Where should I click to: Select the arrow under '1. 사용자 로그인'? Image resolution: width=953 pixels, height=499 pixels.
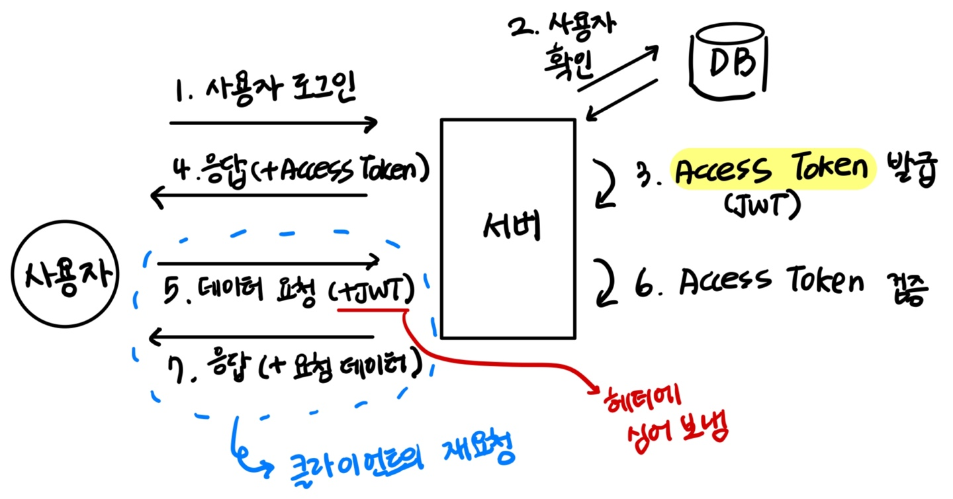tap(273, 123)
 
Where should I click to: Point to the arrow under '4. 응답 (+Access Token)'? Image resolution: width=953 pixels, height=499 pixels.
tap(259, 196)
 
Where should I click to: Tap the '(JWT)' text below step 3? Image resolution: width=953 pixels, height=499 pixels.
tap(762, 206)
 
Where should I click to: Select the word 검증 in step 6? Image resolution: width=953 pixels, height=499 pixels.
tap(907, 289)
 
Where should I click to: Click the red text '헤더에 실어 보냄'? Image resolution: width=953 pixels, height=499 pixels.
tap(666, 419)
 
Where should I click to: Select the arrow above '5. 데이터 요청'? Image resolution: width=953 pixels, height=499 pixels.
tap(268, 263)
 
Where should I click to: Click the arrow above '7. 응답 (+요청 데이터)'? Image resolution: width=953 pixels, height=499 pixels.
tap(261, 337)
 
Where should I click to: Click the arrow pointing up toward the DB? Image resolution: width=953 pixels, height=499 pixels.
tap(618, 68)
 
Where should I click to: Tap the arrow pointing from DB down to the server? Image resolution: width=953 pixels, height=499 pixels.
tap(621, 100)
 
